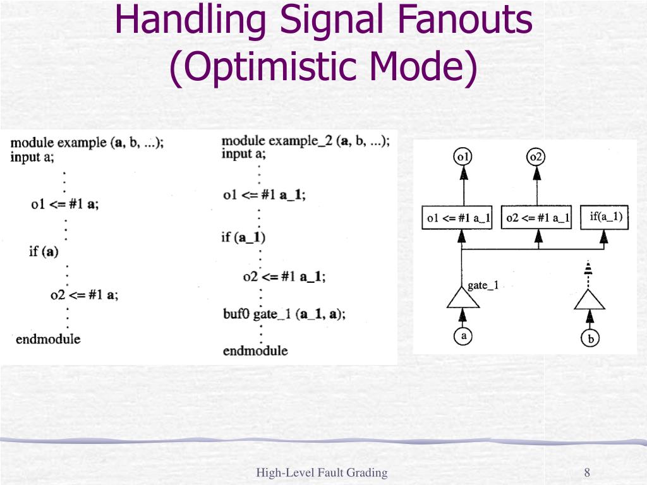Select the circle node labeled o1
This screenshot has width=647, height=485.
tap(464, 156)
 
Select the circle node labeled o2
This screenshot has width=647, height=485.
tap(536, 156)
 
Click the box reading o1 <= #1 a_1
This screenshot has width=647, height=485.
tap(459, 218)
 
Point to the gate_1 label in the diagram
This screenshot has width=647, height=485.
tap(483, 285)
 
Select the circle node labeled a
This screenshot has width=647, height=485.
tap(463, 336)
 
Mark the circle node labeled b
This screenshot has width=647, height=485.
tap(590, 338)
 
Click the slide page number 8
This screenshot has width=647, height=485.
tap(587, 473)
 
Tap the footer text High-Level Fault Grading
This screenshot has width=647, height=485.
tap(322, 473)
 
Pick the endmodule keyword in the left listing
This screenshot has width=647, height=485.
tap(48, 339)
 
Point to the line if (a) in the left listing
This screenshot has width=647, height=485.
tap(44, 251)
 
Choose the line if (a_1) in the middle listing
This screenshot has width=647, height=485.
tap(243, 237)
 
